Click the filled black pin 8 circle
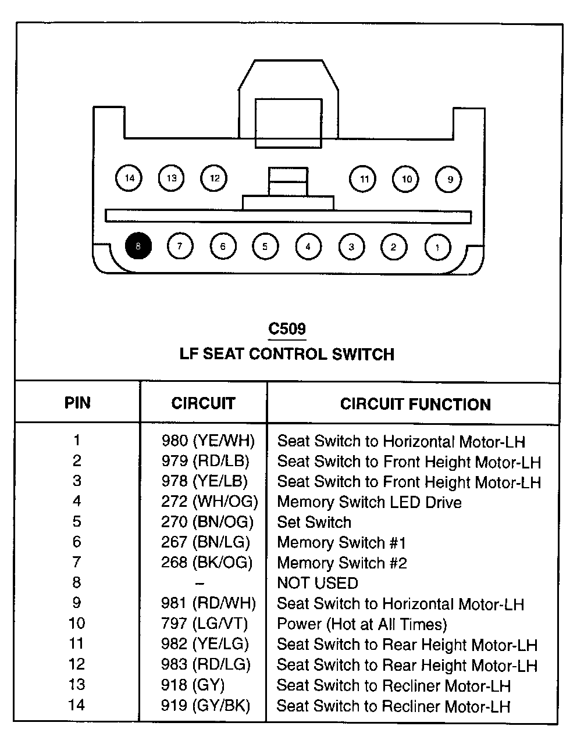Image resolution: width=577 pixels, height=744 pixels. [138, 246]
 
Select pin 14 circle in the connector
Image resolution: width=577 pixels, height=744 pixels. [129, 178]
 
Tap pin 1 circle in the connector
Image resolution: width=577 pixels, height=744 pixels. [437, 246]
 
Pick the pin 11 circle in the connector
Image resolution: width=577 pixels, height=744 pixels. [364, 178]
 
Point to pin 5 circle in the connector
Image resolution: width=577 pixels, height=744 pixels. [265, 246]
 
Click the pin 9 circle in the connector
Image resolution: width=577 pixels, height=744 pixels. [449, 179]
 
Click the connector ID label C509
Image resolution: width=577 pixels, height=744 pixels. [287, 329]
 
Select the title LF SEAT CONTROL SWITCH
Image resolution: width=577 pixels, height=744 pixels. [287, 354]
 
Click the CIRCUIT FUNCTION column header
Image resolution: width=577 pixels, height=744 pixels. [415, 404]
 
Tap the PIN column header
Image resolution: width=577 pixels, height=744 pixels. [77, 403]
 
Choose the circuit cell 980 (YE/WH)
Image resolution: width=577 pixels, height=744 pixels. [208, 441]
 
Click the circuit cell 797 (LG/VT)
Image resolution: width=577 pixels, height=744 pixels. [204, 624]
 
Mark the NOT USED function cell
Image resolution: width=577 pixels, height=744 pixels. [318, 583]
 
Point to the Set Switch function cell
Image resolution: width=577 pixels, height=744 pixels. [314, 522]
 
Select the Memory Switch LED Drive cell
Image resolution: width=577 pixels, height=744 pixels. [369, 502]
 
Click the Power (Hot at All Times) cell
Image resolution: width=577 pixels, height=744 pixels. [362, 624]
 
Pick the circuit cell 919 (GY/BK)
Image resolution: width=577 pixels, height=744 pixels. [205, 706]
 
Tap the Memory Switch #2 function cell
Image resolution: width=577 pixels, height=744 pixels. [342, 563]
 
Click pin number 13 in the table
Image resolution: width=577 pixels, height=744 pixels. [77, 685]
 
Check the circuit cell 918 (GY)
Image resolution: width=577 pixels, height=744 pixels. [193, 685]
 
